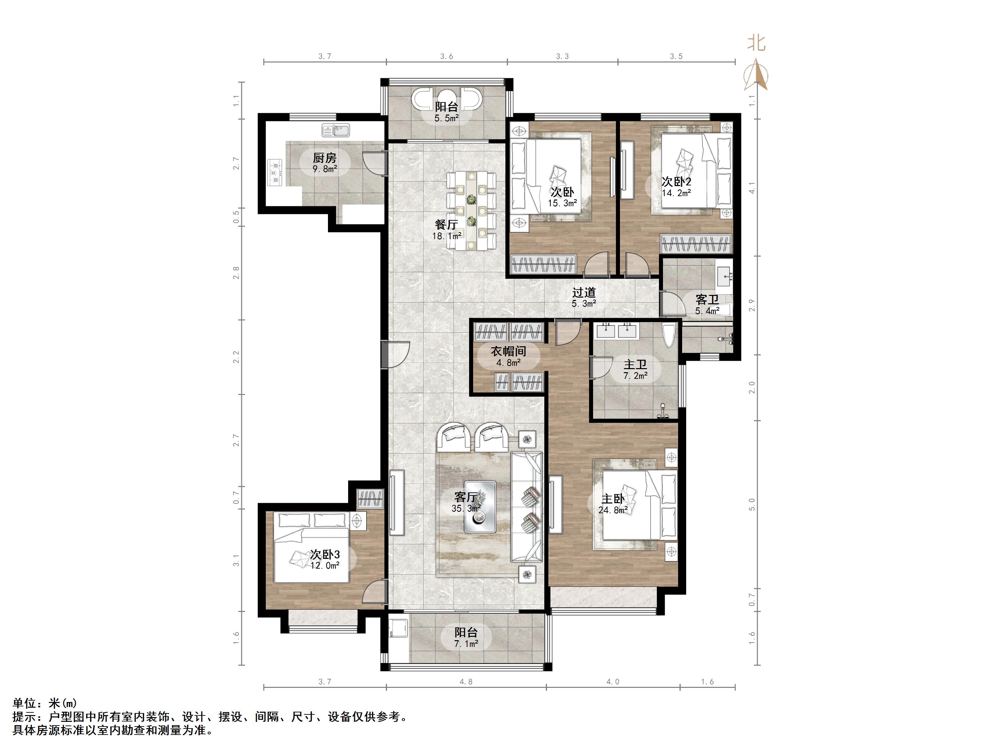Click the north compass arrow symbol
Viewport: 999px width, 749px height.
[x=756, y=75]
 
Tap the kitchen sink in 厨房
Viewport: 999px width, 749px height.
[x=336, y=130]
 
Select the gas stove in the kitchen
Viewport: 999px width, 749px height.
[x=275, y=172]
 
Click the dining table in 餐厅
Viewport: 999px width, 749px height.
[x=471, y=210]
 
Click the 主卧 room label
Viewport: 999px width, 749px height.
[x=613, y=498]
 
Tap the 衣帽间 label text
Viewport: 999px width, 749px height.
[x=508, y=351]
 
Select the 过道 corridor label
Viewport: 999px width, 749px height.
[x=584, y=293]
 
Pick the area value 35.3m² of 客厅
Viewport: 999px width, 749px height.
[x=466, y=509]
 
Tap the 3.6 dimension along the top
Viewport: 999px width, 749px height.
[x=447, y=56]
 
